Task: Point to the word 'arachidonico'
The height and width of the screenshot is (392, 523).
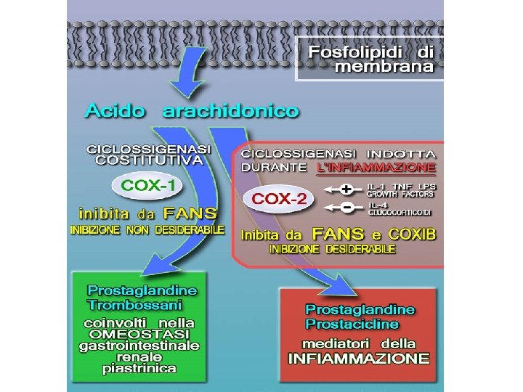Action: tap(230, 111)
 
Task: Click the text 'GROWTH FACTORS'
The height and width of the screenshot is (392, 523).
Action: tap(400, 195)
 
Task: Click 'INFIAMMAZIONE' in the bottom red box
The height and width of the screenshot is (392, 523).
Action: tap(359, 359)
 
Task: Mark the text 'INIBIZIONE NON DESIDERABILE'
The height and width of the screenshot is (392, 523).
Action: tap(147, 229)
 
